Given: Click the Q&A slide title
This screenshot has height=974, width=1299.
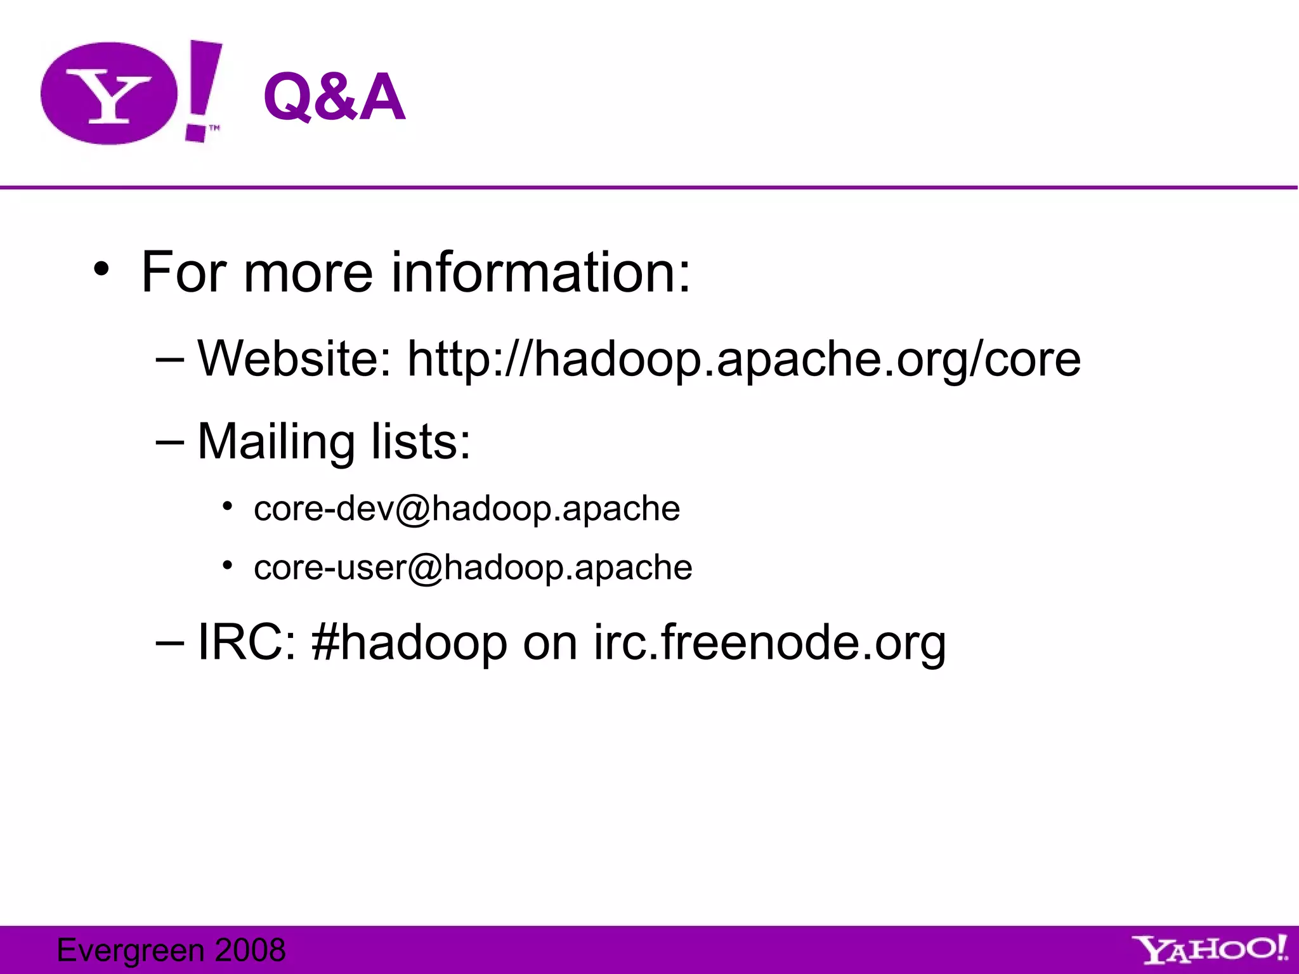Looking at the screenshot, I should pos(334,97).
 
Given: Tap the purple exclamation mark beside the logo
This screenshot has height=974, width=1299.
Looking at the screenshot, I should pos(202,89).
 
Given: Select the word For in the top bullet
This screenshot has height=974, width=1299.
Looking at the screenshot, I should pos(184,272).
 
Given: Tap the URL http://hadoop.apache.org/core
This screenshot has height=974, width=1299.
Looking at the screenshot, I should pos(743,360).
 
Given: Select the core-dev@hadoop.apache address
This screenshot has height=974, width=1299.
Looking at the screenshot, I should pos(467,509).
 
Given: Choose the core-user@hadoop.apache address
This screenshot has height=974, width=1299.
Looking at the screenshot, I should pos(473,568).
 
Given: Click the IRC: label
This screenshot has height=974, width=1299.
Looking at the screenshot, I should pos(246,642).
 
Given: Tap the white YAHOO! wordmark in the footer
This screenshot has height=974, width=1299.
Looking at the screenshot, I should pos(1209,950).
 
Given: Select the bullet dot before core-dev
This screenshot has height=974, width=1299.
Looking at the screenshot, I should pos(228,506).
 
